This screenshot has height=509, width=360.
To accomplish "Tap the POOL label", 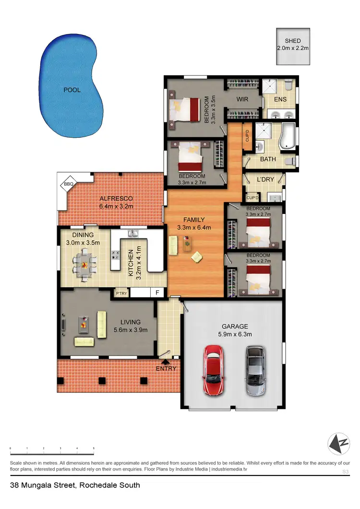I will (72, 90).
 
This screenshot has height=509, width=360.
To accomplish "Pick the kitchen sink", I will (133, 234).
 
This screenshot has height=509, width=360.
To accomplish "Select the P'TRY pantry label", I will (120, 293).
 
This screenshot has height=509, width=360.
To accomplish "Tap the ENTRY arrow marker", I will (166, 362).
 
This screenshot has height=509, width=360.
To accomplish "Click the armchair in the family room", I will (197, 257).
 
